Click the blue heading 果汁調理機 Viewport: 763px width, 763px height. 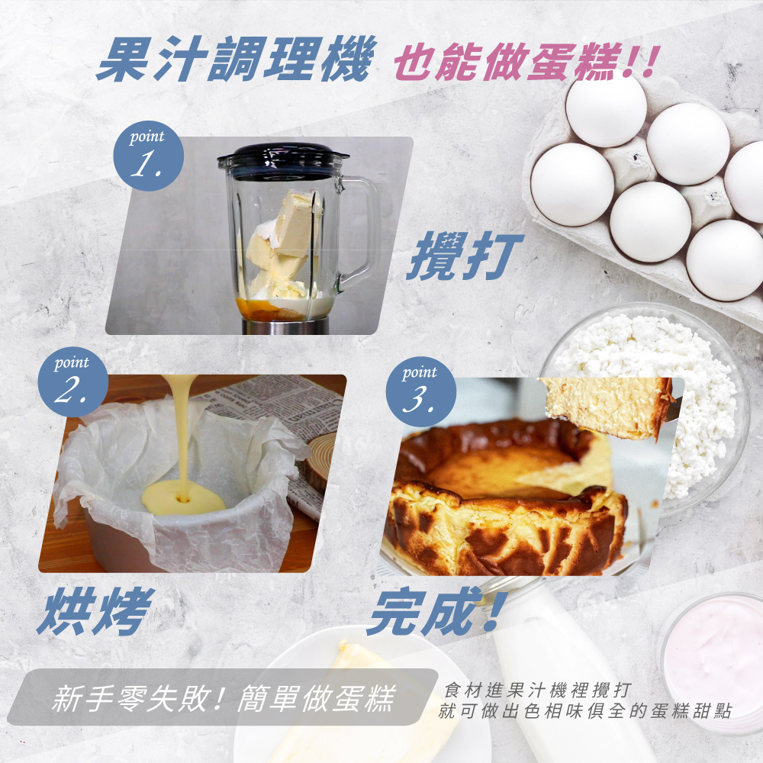pos(237,59)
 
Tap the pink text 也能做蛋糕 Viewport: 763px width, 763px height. pos(508,62)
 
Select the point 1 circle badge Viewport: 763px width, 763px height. pos(149,156)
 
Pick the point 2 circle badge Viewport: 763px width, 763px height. pos(73,381)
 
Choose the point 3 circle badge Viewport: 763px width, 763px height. pos(421,391)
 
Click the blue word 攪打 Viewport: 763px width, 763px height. pos(464,256)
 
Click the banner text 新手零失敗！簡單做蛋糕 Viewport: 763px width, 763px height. pos(224,698)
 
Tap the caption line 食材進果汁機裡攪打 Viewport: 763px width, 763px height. pos(538,690)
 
